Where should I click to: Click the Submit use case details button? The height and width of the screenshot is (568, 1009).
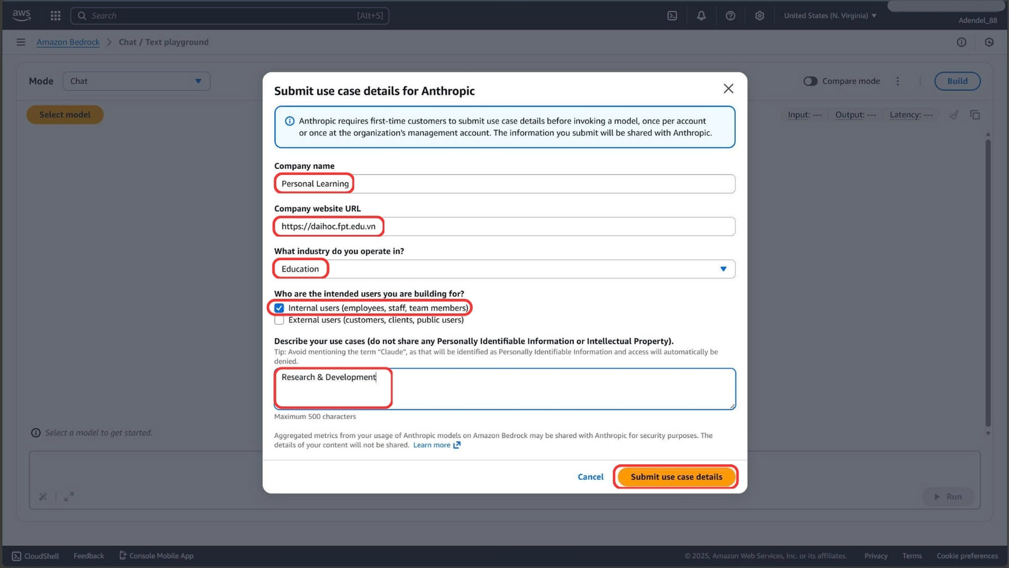(x=676, y=477)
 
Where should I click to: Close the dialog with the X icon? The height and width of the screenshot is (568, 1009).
(x=728, y=89)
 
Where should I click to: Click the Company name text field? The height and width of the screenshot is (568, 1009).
(x=504, y=184)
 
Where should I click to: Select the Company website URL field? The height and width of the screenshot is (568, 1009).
(x=504, y=227)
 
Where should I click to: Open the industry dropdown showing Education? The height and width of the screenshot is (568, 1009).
(x=504, y=269)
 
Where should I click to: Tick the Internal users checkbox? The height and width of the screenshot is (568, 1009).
(x=279, y=308)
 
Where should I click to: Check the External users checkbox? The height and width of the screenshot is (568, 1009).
(x=279, y=320)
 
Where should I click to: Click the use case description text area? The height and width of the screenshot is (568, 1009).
(x=504, y=389)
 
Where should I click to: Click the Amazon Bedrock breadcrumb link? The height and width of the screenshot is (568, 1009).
(x=68, y=42)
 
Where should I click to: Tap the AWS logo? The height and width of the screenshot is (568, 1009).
(x=22, y=16)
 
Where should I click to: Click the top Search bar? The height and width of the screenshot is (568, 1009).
(x=230, y=16)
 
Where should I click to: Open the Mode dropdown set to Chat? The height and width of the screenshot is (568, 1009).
(x=136, y=81)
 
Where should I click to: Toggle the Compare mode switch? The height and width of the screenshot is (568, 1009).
(x=810, y=81)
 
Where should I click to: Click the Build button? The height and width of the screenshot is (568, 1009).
(x=957, y=81)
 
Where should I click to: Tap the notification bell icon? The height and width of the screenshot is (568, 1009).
(x=701, y=16)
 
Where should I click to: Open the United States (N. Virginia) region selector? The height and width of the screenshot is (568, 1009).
(x=830, y=16)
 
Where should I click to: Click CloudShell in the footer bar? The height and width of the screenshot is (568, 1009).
(x=36, y=556)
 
